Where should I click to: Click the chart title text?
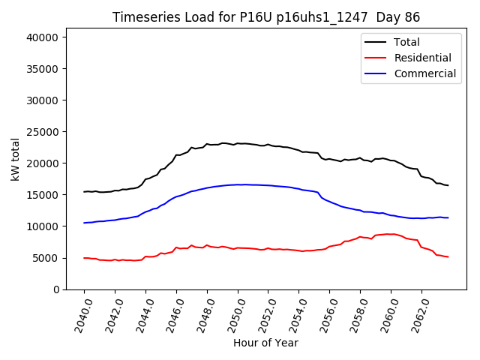(x=266, y=17)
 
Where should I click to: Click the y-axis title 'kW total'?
(x=15, y=159)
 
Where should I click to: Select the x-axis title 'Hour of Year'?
(x=265, y=343)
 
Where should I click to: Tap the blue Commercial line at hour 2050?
(x=238, y=184)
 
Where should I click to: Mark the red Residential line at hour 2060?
(x=391, y=234)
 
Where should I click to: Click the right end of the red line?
(x=448, y=256)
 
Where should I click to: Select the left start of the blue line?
(x=84, y=223)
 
